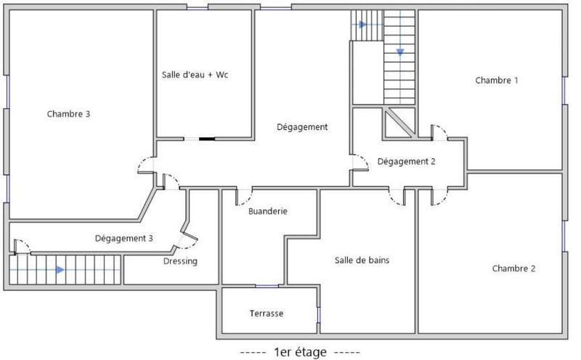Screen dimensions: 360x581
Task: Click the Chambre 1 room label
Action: coord(497,81)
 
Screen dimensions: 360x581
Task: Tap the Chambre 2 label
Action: coord(513,269)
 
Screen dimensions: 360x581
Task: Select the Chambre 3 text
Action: coord(68,114)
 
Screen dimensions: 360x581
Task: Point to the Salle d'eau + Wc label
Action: coord(195,75)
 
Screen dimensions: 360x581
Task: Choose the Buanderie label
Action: coord(268,212)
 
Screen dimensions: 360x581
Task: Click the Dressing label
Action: coord(180,261)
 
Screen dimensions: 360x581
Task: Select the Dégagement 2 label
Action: coord(406,162)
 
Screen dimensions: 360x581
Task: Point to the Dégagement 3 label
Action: coord(123,238)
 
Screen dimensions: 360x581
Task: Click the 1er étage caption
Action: coord(299,352)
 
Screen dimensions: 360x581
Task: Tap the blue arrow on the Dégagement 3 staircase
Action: coord(59,269)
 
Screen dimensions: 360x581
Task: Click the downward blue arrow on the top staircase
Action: coord(399,52)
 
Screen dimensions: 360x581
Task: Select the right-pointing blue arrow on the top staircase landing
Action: coord(362,25)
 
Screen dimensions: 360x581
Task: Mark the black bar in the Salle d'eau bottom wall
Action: coord(207,138)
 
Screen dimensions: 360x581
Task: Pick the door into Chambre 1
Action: coord(439,133)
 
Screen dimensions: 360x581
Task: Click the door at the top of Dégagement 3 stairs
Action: coord(21,246)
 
